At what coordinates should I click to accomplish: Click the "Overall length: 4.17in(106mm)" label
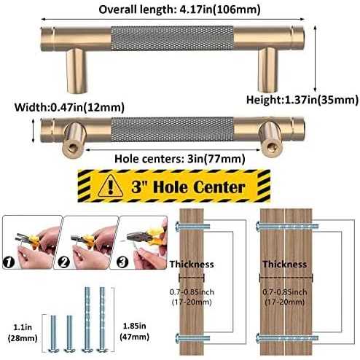click(179, 9)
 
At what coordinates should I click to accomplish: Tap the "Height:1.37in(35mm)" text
click(302, 100)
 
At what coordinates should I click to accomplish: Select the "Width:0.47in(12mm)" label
click(69, 107)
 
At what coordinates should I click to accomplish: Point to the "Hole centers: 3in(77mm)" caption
click(180, 159)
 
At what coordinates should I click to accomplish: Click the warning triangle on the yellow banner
click(111, 186)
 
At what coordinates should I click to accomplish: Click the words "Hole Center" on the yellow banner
click(199, 187)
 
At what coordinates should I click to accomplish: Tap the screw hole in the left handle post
click(72, 147)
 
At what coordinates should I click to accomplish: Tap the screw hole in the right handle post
click(270, 146)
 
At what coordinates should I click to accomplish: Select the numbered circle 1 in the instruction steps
click(9, 262)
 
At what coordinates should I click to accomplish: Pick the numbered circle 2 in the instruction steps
click(64, 262)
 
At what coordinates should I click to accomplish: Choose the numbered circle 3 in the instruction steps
click(122, 262)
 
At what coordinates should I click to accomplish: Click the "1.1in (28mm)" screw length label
click(23, 332)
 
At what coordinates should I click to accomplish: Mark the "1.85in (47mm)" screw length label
click(134, 331)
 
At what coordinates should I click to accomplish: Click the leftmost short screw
click(53, 333)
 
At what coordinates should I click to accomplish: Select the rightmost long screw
click(102, 319)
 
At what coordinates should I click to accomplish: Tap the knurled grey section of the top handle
click(172, 38)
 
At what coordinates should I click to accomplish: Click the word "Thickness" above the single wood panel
click(192, 265)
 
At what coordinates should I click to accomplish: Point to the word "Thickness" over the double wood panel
click(285, 265)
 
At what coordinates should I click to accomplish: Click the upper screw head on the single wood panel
click(178, 227)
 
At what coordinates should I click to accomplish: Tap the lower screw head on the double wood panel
click(259, 337)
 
